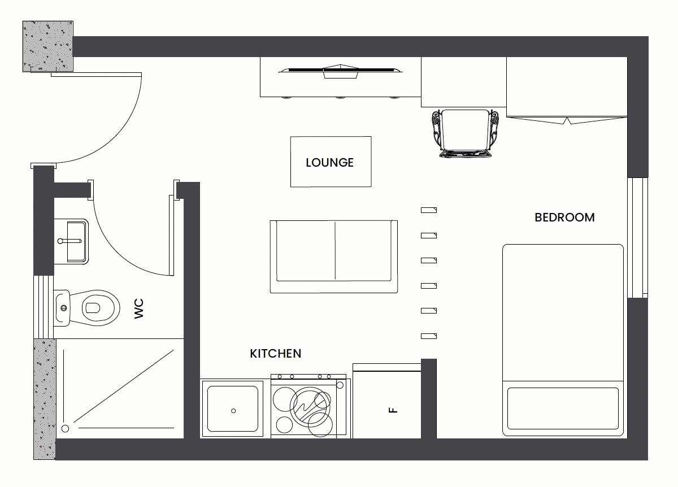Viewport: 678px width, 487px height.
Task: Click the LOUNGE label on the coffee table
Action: pos(329,163)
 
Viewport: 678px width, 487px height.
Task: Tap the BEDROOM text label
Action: pos(564,218)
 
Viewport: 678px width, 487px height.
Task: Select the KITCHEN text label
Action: pos(276,354)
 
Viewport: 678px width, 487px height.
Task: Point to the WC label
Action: pos(139,308)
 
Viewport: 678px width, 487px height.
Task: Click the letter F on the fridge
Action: pos(393,410)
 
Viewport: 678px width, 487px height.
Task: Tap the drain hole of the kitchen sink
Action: pos(233,411)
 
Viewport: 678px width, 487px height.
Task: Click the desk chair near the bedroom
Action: pos(466,133)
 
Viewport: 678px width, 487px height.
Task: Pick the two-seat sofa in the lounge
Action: pos(333,256)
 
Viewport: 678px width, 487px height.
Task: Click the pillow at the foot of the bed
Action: pos(563,408)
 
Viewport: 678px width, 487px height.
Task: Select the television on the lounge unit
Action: pos(341,71)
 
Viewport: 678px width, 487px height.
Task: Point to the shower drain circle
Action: pos(65,429)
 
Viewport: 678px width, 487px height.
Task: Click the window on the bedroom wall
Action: pos(637,238)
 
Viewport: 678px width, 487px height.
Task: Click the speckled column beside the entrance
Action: pos(48,46)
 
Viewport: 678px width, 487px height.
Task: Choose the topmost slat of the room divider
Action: pos(429,210)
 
